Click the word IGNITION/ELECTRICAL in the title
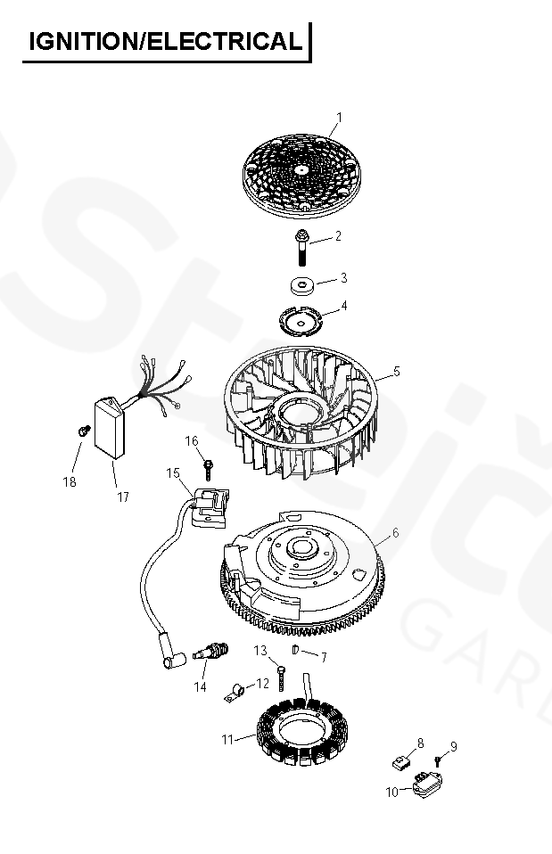165,41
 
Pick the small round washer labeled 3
302,285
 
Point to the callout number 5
397,372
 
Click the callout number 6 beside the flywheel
396,533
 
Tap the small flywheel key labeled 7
296,649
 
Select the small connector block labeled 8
401,762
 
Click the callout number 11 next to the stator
227,740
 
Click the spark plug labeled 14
210,651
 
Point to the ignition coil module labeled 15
210,507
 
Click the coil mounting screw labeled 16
208,471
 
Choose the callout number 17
123,497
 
